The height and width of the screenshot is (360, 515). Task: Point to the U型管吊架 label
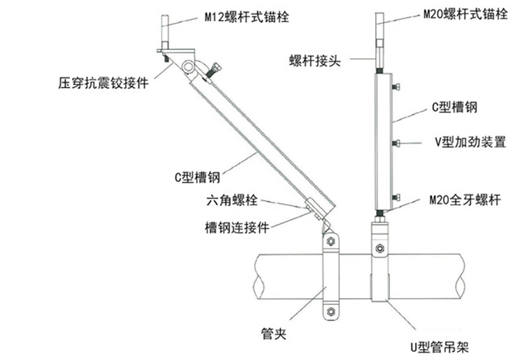[x=441, y=344]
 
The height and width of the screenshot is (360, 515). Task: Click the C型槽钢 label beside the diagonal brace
[x=198, y=177]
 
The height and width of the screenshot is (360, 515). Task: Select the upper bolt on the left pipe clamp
[x=330, y=243]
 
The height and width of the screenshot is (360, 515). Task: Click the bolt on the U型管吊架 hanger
[x=379, y=247]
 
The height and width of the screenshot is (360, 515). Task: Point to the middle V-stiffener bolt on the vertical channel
[x=396, y=141]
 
